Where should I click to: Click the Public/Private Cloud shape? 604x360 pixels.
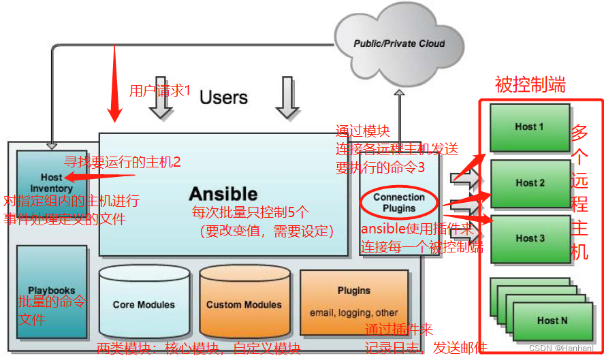click(x=399, y=43)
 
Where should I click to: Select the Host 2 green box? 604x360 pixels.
click(x=529, y=182)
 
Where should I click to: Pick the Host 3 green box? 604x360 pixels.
click(x=529, y=238)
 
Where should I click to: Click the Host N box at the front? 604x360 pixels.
click(x=552, y=321)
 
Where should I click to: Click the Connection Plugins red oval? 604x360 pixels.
click(x=399, y=202)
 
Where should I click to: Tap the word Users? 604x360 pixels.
click(x=223, y=97)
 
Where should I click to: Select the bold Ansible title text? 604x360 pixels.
click(x=223, y=193)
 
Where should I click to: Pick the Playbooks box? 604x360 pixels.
click(x=52, y=291)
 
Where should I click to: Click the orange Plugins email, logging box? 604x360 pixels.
click(x=353, y=301)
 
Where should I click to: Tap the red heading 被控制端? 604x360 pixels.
click(x=530, y=85)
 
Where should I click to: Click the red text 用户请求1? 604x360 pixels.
click(x=160, y=90)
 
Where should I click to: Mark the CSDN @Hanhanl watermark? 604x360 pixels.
click(x=565, y=348)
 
